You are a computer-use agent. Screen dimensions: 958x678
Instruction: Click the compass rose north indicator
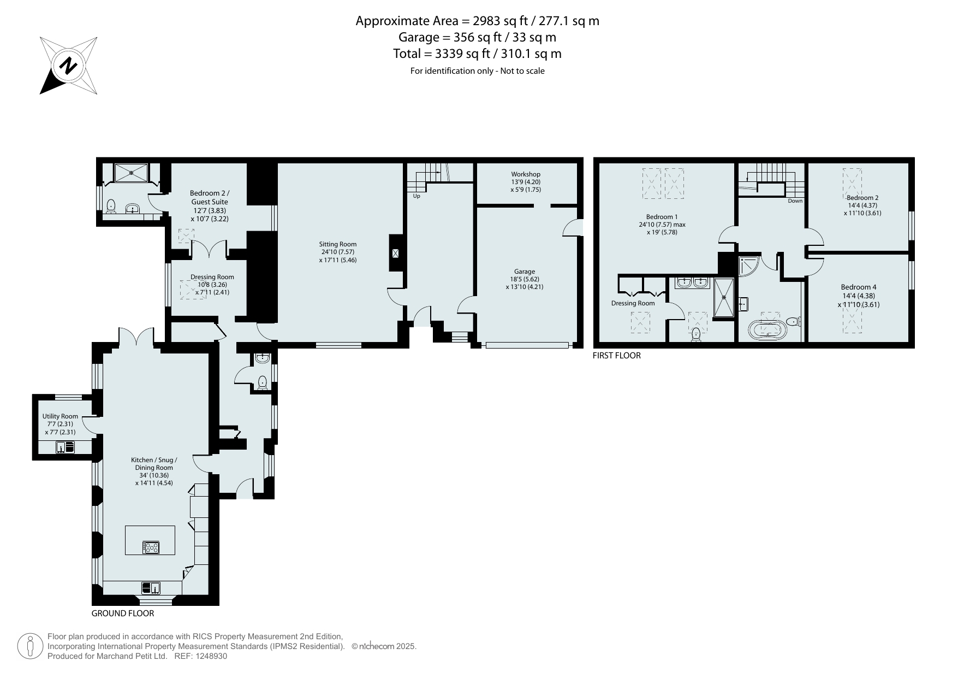point(69,66)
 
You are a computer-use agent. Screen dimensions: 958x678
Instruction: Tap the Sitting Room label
point(338,244)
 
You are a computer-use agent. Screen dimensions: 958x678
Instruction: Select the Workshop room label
point(526,174)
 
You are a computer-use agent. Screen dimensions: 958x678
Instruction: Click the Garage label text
point(524,272)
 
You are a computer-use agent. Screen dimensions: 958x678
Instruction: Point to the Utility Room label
point(60,416)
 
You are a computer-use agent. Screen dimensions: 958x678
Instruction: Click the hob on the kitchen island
point(151,547)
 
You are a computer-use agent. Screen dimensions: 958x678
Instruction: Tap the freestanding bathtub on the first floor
point(766,329)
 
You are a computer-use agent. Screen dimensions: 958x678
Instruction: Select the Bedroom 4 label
point(859,287)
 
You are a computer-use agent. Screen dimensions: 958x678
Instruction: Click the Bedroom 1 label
point(662,217)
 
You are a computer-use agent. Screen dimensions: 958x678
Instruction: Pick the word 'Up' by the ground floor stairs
point(416,196)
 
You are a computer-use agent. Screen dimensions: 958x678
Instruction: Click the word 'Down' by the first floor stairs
point(795,201)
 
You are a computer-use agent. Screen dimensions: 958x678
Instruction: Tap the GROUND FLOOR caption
point(123,614)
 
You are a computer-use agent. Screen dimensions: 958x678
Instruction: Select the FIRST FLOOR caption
point(617,356)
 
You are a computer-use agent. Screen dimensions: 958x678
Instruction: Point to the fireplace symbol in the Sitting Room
point(396,253)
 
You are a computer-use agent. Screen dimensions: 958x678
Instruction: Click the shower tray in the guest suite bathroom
point(131,173)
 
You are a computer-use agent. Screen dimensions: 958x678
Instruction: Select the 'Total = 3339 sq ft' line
point(477,54)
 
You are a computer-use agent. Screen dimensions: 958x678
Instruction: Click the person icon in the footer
point(31,646)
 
